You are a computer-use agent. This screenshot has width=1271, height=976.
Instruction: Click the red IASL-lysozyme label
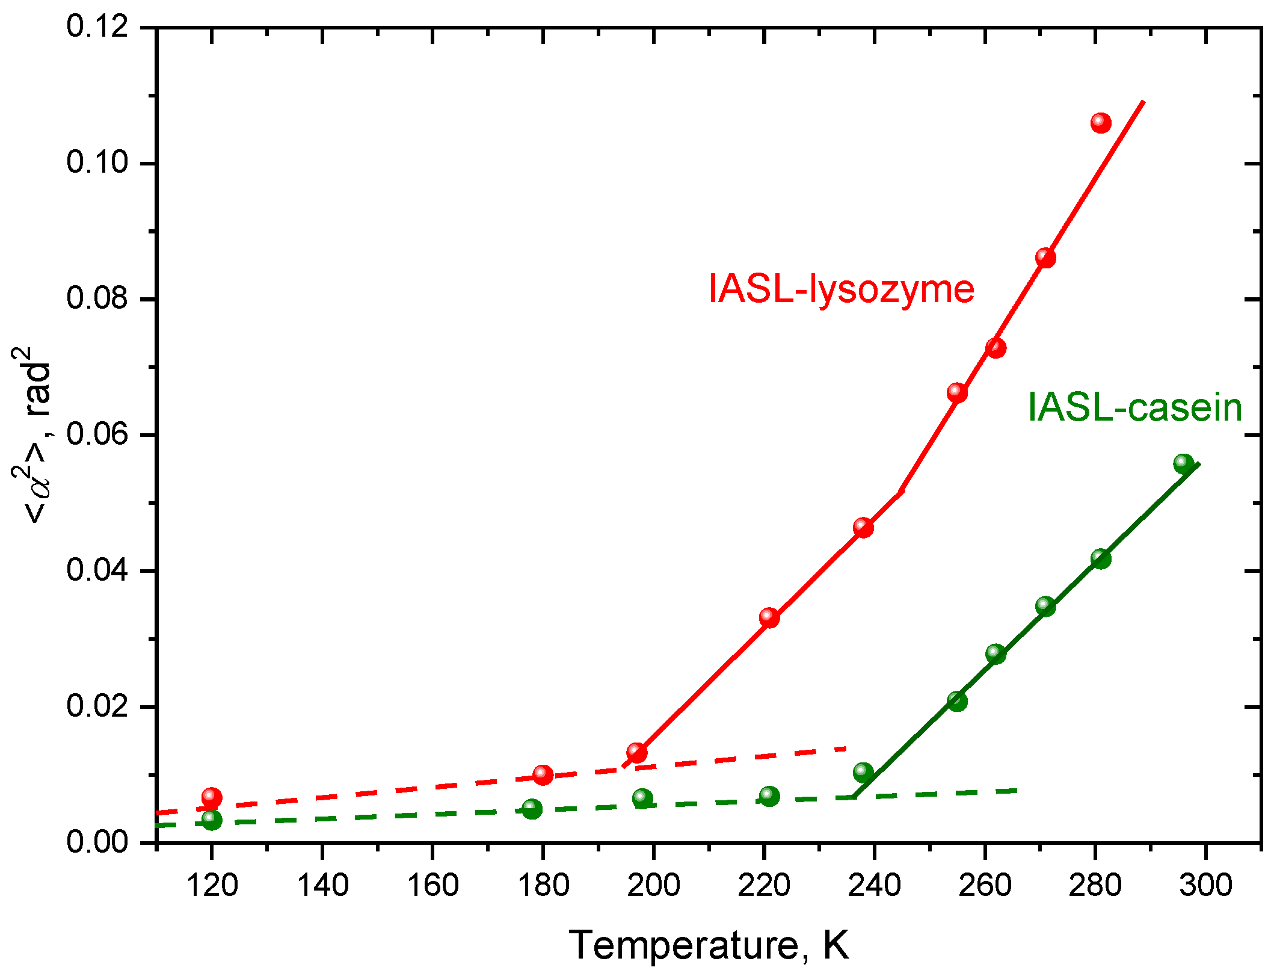point(841,289)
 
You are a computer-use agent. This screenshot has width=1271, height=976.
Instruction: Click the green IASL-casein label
point(1134,408)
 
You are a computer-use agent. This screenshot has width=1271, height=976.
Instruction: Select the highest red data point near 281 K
point(1101,123)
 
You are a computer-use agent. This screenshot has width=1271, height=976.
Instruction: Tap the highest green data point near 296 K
point(1184,464)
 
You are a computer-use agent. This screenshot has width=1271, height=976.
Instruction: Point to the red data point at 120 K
point(212,797)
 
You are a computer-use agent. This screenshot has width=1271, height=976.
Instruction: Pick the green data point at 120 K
point(212,820)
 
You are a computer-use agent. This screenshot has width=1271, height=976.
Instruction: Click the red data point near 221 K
point(769,617)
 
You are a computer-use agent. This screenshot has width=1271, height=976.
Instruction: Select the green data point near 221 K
point(769,796)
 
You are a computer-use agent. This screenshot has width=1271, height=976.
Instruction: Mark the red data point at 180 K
point(543,774)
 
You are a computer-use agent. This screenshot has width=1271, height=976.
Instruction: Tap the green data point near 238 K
point(863,772)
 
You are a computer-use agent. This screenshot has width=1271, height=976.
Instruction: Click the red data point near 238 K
point(863,528)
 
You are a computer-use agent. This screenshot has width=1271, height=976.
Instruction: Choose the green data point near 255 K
point(957,701)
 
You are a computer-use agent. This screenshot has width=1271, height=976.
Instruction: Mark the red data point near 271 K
point(1045,258)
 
